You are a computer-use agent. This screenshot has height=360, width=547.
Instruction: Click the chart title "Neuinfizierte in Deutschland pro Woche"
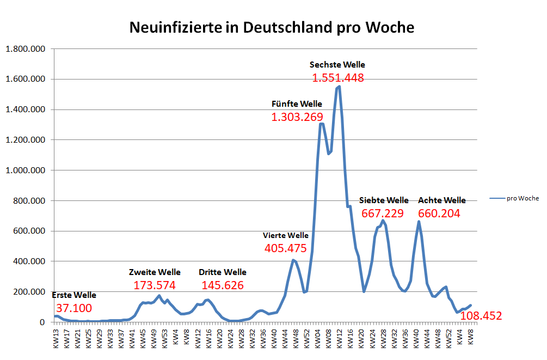[272, 27]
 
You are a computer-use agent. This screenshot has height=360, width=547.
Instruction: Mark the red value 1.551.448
[337, 78]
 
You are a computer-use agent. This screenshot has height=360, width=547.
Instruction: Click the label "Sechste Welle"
[337, 65]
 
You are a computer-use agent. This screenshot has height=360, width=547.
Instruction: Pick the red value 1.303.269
[297, 117]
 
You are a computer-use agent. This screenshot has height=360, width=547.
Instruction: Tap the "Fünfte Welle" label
[297, 104]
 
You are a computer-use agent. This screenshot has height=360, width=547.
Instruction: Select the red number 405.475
[285, 248]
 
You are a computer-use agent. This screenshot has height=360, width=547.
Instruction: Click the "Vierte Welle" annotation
[285, 236]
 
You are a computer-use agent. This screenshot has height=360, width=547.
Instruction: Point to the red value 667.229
[383, 213]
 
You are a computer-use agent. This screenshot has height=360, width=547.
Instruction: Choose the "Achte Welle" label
[441, 200]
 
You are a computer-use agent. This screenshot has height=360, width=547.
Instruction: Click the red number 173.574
[155, 285]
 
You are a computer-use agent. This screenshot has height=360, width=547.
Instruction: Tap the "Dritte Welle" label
[222, 272]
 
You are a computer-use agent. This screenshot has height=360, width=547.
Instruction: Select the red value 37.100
[74, 308]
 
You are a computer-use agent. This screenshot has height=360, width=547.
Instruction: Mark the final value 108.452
[481, 316]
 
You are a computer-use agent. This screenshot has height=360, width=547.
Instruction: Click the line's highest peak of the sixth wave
[339, 86]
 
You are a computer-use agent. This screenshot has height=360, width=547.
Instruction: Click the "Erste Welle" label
[74, 295]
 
